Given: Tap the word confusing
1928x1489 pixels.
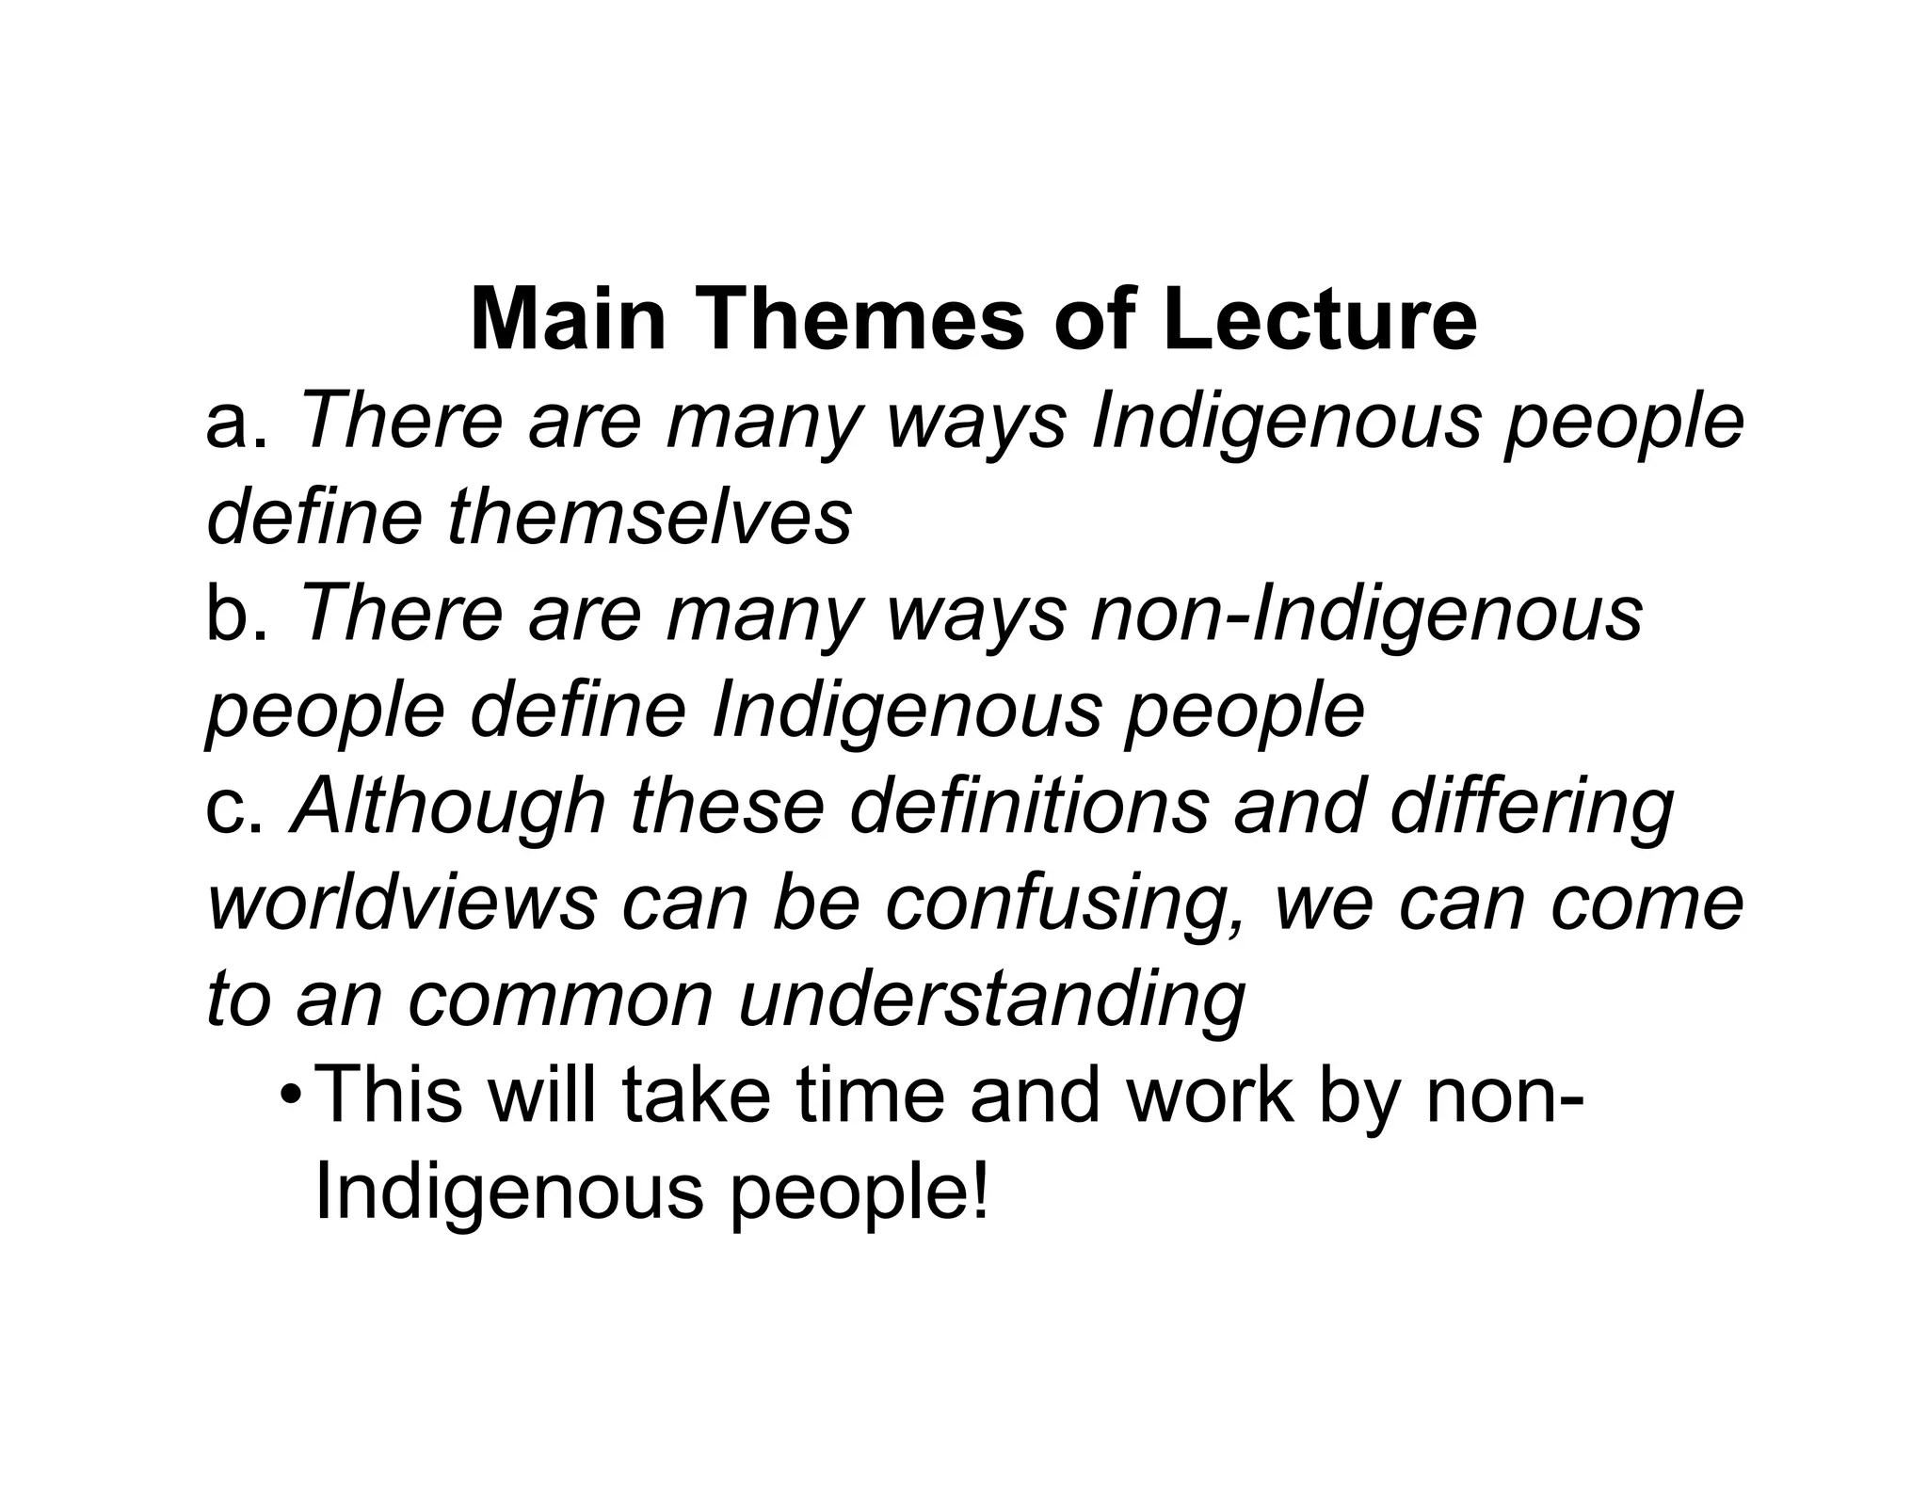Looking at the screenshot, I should click(x=1068, y=905).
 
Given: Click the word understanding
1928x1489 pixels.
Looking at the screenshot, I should click(x=992, y=1001).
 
